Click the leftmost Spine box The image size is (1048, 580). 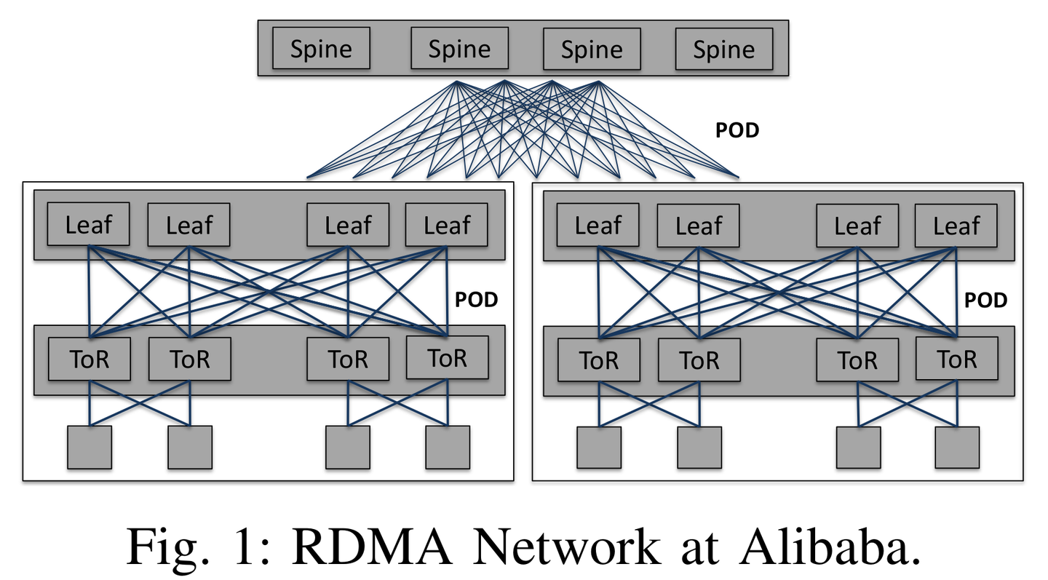tap(321, 49)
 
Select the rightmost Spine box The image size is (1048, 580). tap(723, 49)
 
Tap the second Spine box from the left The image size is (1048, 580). tap(459, 49)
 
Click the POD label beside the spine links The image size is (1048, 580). tap(738, 130)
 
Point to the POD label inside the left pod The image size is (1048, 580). tap(476, 300)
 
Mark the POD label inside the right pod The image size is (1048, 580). tap(985, 300)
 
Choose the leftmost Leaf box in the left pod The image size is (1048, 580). tap(89, 224)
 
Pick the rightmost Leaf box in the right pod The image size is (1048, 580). tap(956, 226)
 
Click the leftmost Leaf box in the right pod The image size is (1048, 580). tap(598, 226)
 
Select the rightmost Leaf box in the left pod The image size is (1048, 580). tap(446, 226)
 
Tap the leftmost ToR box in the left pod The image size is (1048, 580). tap(90, 359)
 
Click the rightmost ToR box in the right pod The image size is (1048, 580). tap(956, 359)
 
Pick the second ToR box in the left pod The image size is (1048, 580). tap(190, 359)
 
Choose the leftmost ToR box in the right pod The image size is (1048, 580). tap(599, 359)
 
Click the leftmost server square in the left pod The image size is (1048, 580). tap(90, 447)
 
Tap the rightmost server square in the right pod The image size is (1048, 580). tap(957, 447)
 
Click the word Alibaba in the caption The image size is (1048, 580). tap(828, 548)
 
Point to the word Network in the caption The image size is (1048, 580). tap(552, 548)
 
